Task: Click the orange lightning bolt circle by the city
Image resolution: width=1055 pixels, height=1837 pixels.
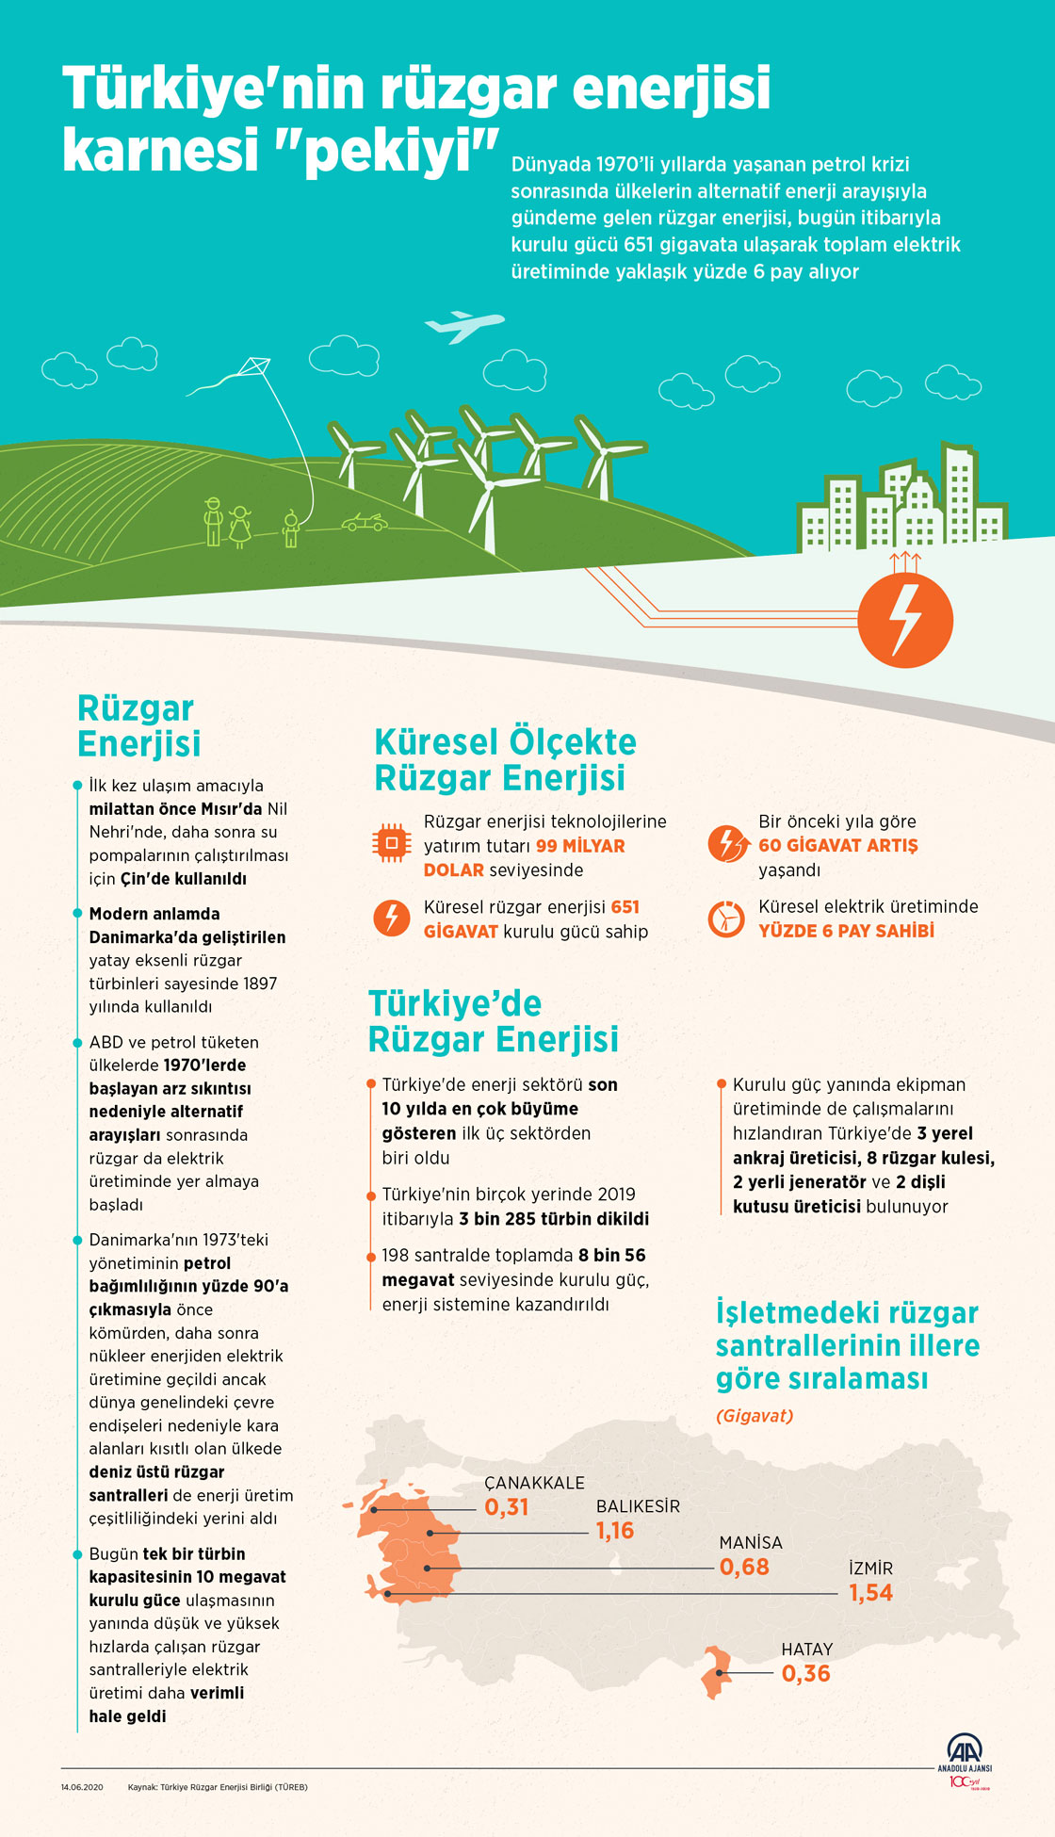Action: coord(905,620)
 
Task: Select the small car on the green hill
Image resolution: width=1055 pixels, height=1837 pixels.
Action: coord(364,522)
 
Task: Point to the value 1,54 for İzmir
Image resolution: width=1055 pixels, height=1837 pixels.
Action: coord(870,1592)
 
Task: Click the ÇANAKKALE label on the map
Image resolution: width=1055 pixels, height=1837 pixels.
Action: coord(534,1483)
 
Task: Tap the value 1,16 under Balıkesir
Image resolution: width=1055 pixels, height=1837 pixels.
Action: coord(615,1531)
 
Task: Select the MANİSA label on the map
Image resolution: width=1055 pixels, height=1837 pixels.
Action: coord(751,1542)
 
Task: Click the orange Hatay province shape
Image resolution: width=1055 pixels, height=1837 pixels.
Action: coord(717,1671)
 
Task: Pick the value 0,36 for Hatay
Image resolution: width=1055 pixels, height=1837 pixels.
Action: coord(806,1673)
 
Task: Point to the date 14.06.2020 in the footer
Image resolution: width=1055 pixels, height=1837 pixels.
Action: coord(82,1787)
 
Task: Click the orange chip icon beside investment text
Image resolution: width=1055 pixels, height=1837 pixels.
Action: coord(392,842)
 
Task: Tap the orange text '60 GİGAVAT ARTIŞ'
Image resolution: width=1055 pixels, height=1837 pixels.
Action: coord(837,846)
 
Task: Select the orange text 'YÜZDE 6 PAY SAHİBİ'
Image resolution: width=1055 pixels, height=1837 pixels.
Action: coord(846,931)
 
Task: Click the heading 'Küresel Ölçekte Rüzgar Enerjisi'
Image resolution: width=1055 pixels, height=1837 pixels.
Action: coord(505,760)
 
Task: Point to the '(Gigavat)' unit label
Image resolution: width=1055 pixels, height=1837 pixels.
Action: coord(755,1416)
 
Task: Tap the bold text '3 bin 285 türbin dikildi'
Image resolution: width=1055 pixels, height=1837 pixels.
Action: coord(554,1219)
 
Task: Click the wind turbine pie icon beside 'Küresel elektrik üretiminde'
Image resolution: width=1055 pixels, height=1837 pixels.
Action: coord(726,918)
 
